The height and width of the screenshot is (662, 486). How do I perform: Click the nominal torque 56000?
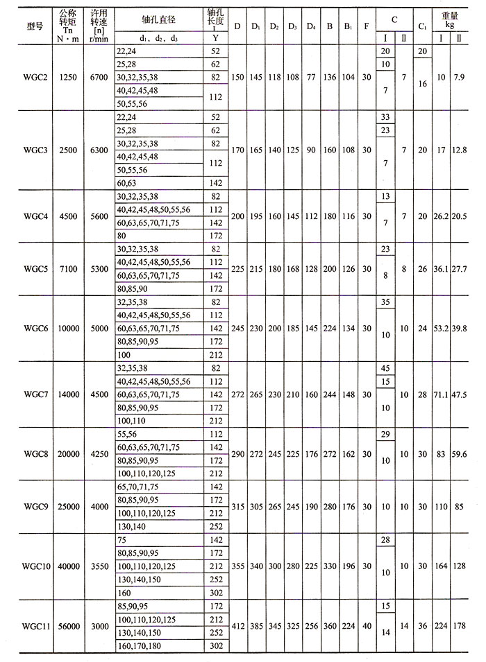click(x=67, y=626)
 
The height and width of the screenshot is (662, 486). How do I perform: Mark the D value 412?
click(x=237, y=626)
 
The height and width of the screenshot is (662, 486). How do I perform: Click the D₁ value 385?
click(x=255, y=626)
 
